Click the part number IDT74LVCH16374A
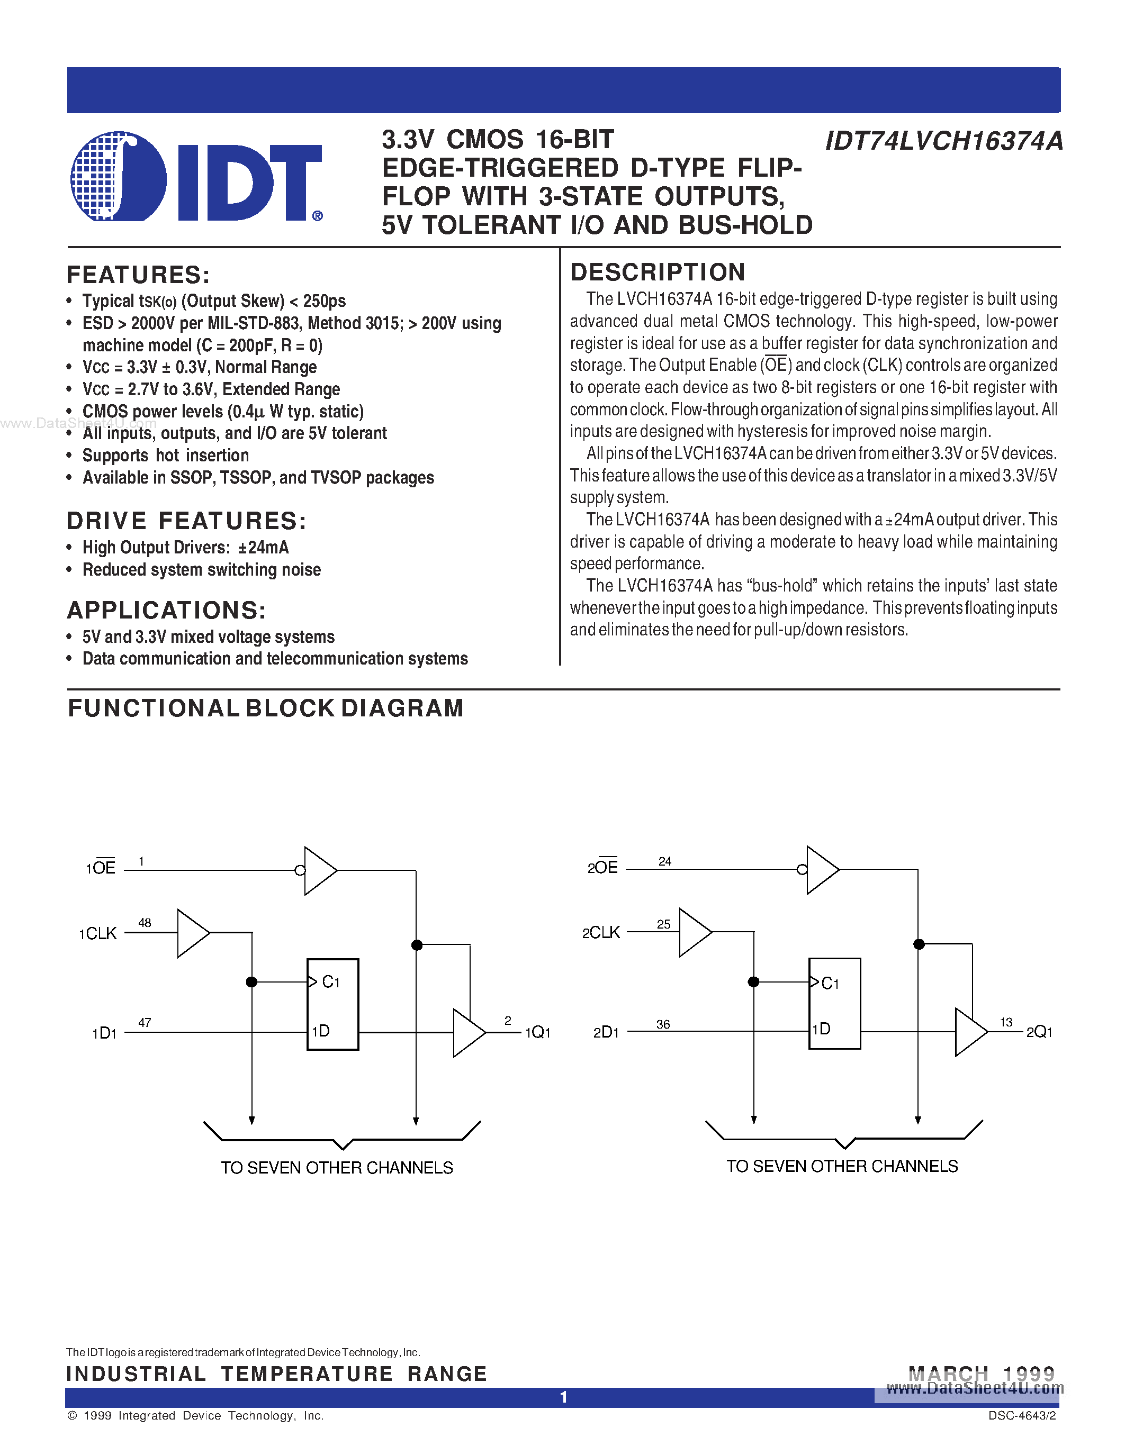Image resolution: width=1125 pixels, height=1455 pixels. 943,141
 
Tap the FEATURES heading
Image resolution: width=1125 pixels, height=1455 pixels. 138,275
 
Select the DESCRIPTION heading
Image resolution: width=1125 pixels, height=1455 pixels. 657,272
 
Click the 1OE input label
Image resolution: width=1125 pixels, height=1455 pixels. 101,867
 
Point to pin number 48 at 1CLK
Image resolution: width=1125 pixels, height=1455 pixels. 145,923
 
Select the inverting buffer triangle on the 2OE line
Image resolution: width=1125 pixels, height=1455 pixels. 821,869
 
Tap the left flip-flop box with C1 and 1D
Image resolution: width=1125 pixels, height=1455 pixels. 332,1004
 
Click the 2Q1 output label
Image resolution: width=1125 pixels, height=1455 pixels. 1039,1032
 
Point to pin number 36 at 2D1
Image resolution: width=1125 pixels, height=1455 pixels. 663,1024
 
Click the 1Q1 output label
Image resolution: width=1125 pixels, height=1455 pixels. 538,1033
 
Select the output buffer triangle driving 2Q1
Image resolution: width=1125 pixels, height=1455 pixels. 969,1032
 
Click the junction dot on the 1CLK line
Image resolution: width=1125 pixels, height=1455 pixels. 252,981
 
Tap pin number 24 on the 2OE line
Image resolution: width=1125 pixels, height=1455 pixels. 664,861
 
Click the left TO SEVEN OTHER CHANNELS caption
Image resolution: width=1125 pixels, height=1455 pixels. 337,1168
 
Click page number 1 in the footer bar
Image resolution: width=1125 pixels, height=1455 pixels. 563,1397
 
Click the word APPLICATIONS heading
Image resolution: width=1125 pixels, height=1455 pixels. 167,610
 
